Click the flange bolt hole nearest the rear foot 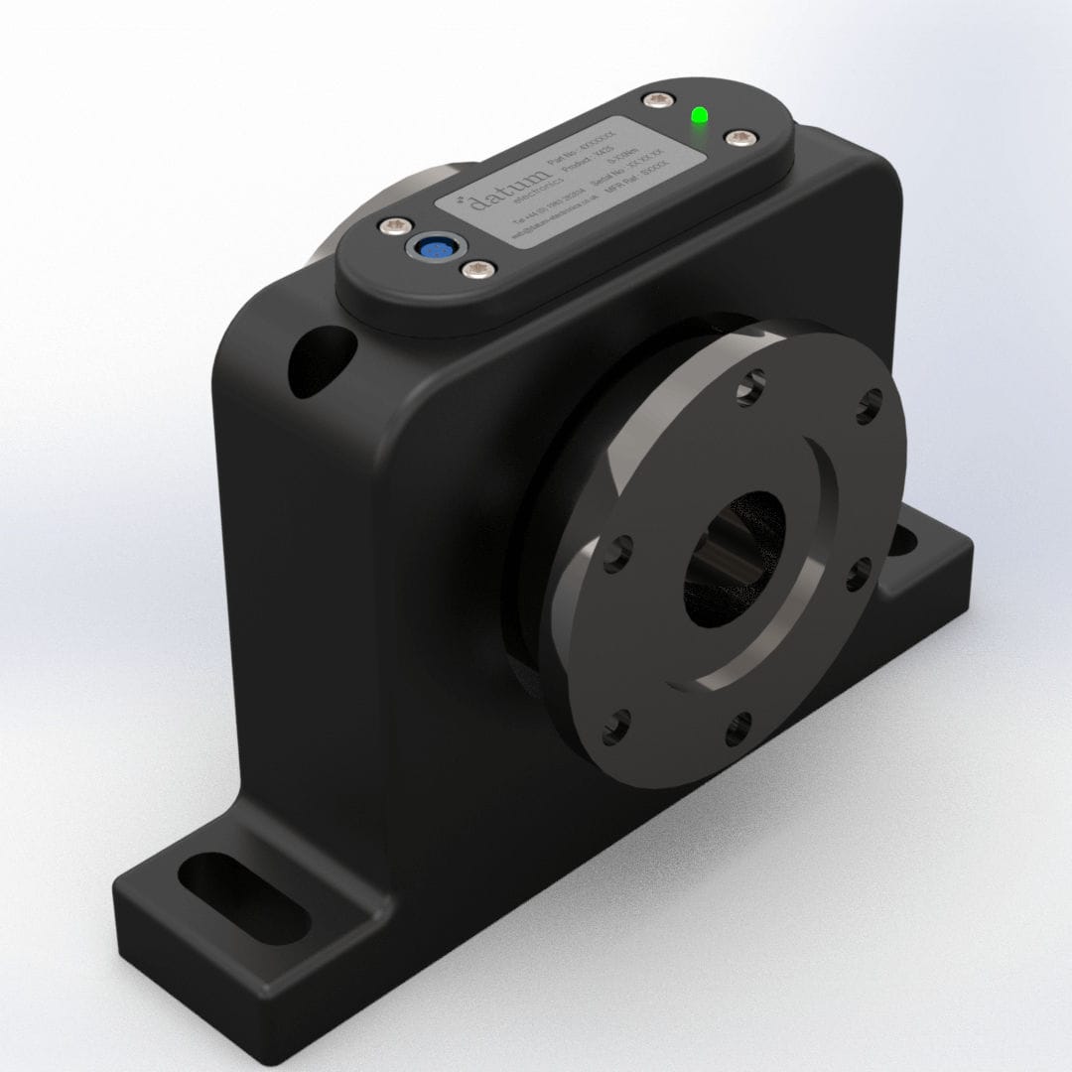(860, 573)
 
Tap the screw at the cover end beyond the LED (738, 138)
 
